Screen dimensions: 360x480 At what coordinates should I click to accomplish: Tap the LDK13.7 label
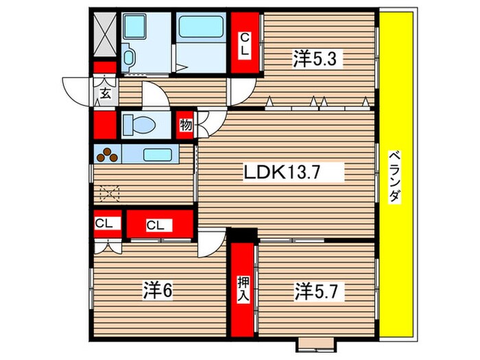292,172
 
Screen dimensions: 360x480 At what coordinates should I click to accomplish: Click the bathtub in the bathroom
202,27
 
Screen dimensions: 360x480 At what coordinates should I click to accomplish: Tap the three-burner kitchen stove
108,155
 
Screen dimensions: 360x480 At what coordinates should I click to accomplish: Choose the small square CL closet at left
105,223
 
